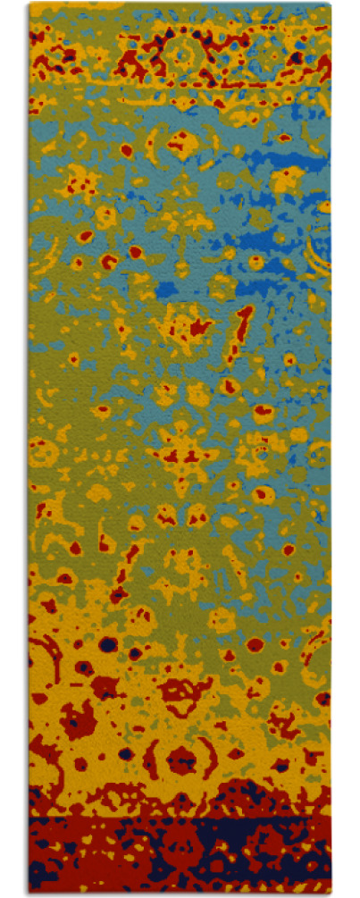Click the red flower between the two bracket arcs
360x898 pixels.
coord(183,760)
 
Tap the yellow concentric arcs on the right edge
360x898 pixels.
coord(320,246)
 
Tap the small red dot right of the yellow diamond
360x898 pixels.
coord(283,138)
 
